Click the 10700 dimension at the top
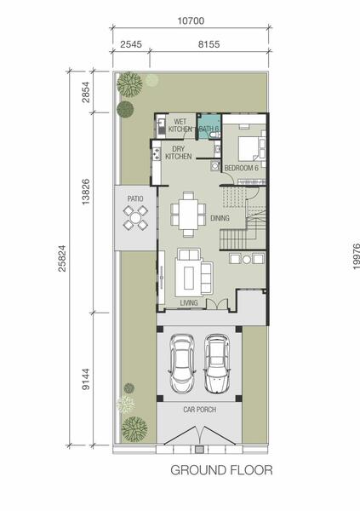[x=191, y=20]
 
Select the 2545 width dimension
[x=131, y=44]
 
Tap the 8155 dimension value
[x=209, y=44]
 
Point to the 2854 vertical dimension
[x=86, y=92]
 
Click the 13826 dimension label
[x=86, y=192]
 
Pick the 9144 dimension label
[x=86, y=379]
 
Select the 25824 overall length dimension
[x=62, y=258]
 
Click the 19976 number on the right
[x=356, y=256]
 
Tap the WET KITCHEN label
[x=180, y=126]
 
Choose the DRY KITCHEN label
[x=179, y=152]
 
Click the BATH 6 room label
[x=209, y=129]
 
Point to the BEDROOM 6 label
[x=242, y=168]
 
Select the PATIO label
[x=135, y=198]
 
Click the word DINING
[x=220, y=218]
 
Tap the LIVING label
[x=189, y=302]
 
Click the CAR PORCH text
[x=200, y=410]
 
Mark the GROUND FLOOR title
[x=221, y=470]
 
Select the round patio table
[x=135, y=216]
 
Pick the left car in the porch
[x=182, y=364]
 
